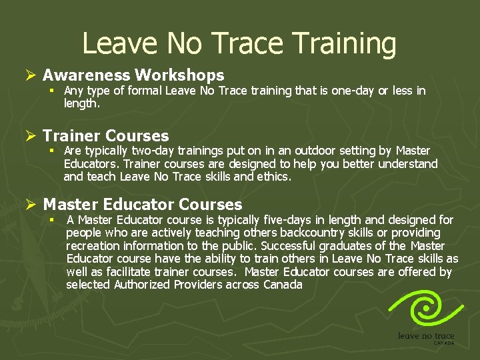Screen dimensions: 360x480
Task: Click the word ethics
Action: pyautogui.click(x=275, y=177)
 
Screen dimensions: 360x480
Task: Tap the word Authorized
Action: pyautogui.click(x=143, y=285)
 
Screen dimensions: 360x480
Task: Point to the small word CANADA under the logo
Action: pyautogui.click(x=444, y=343)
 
